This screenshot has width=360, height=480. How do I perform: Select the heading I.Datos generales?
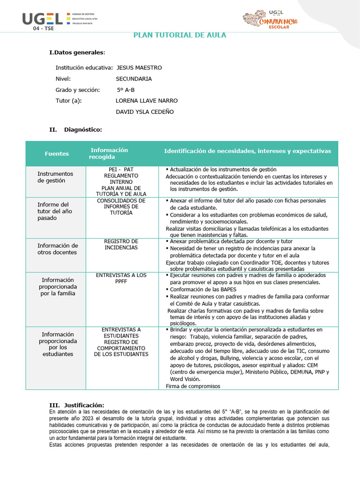coord(77,52)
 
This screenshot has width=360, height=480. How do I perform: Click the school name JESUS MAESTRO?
coord(139,67)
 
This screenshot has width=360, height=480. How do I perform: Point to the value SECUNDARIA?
coord(134,79)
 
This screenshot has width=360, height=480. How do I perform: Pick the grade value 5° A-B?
coord(125,90)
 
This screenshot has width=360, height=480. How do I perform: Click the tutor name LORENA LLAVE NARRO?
coord(146,100)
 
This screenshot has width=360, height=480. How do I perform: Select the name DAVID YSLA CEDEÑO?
coord(144,112)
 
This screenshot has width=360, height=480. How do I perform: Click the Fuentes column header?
coord(57,154)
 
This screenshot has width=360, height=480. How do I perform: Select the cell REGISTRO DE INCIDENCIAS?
coord(121,244)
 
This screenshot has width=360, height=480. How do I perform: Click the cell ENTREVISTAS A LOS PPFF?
coord(121,278)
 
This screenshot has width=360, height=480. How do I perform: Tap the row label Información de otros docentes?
coord(58,249)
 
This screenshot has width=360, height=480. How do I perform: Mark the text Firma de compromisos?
coord(193,386)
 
